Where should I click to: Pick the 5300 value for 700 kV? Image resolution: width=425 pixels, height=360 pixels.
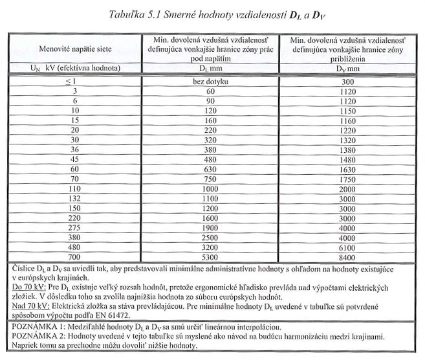pyautogui.click(x=208, y=256)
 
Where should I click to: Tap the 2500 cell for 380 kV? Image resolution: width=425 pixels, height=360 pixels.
pyautogui.click(x=208, y=238)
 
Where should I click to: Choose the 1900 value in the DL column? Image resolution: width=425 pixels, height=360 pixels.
pyautogui.click(x=208, y=228)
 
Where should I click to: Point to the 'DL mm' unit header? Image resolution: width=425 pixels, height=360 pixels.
pyautogui.click(x=208, y=67)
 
